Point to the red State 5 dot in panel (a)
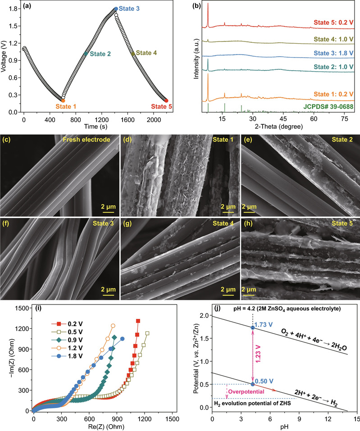(166, 100)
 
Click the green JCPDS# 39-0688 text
(326, 107)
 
